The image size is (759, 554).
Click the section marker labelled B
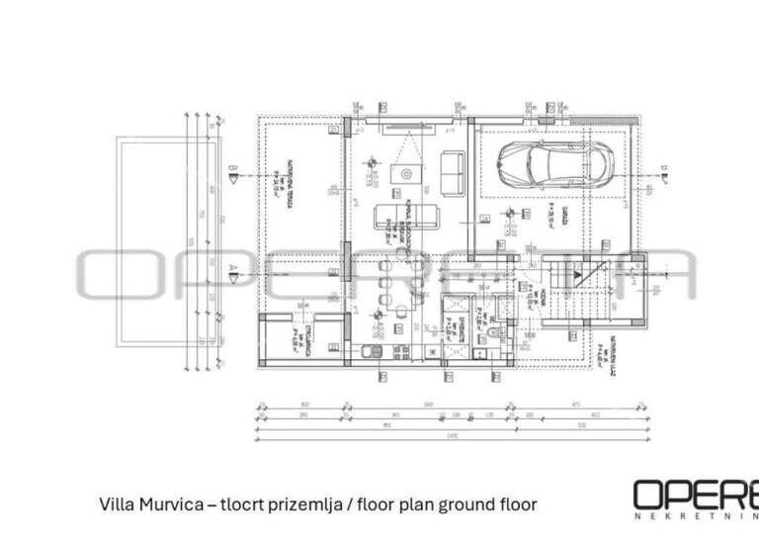[x=233, y=176]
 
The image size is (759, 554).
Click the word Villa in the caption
[x=119, y=505]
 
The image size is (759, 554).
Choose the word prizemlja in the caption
[x=297, y=505]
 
